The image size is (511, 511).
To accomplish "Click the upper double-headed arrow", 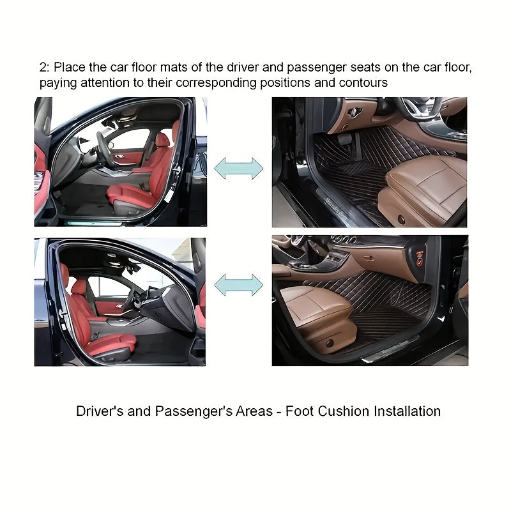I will coord(238,168).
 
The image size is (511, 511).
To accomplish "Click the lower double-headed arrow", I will coord(238,285).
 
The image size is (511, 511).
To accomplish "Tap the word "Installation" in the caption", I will coord(402,411).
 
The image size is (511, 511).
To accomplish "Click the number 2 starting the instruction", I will coord(42,67).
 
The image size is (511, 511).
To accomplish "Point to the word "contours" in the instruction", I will coord(364,83).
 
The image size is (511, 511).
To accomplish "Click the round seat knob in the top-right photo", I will coord(402,219).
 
